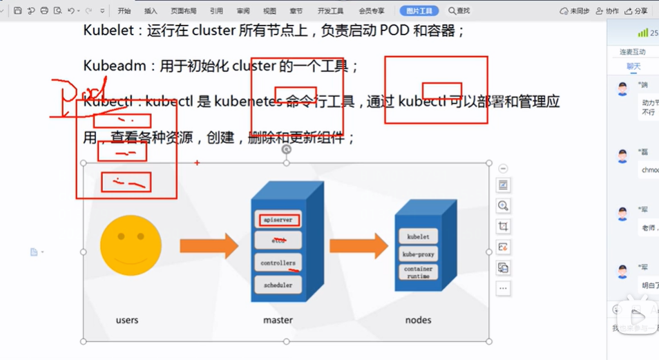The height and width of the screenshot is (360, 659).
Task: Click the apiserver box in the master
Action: point(279,220)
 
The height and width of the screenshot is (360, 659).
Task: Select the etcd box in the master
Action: point(278,240)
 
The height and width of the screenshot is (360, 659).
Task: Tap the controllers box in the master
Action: point(278,263)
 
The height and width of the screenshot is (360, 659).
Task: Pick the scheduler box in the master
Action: point(278,284)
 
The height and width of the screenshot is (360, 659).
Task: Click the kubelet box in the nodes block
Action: point(418,236)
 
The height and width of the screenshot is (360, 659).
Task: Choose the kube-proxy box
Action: point(418,254)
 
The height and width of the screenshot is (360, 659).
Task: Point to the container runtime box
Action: point(418,272)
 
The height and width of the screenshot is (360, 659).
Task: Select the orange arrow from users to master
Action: point(209,245)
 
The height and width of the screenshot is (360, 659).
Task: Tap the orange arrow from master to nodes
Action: point(358,245)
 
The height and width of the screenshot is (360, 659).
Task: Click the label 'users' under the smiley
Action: point(127,320)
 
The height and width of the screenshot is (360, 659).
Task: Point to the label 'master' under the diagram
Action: point(278,320)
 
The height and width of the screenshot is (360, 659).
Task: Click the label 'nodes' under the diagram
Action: point(418,320)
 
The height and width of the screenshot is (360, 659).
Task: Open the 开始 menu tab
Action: point(124,11)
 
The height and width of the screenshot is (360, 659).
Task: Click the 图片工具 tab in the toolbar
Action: point(419,11)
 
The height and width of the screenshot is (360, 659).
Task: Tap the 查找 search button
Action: point(459,11)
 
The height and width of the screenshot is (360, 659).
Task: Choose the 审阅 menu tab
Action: point(242,11)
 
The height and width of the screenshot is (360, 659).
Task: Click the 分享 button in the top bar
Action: point(638,11)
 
